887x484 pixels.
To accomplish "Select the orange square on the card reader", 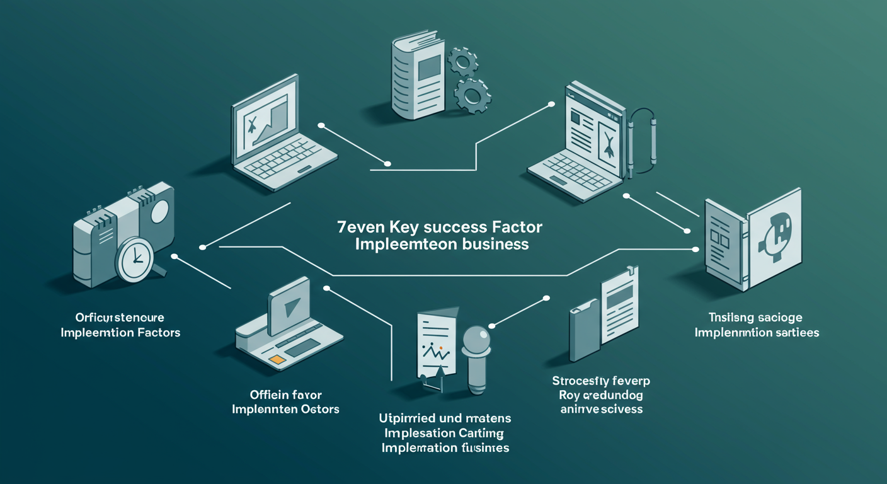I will (x=275, y=359).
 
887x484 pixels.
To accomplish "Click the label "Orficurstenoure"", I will (x=120, y=317).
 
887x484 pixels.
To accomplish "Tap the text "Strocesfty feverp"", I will (x=601, y=381).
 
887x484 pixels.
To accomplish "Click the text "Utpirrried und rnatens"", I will (x=445, y=418).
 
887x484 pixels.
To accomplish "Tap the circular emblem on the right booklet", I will (x=774, y=234).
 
